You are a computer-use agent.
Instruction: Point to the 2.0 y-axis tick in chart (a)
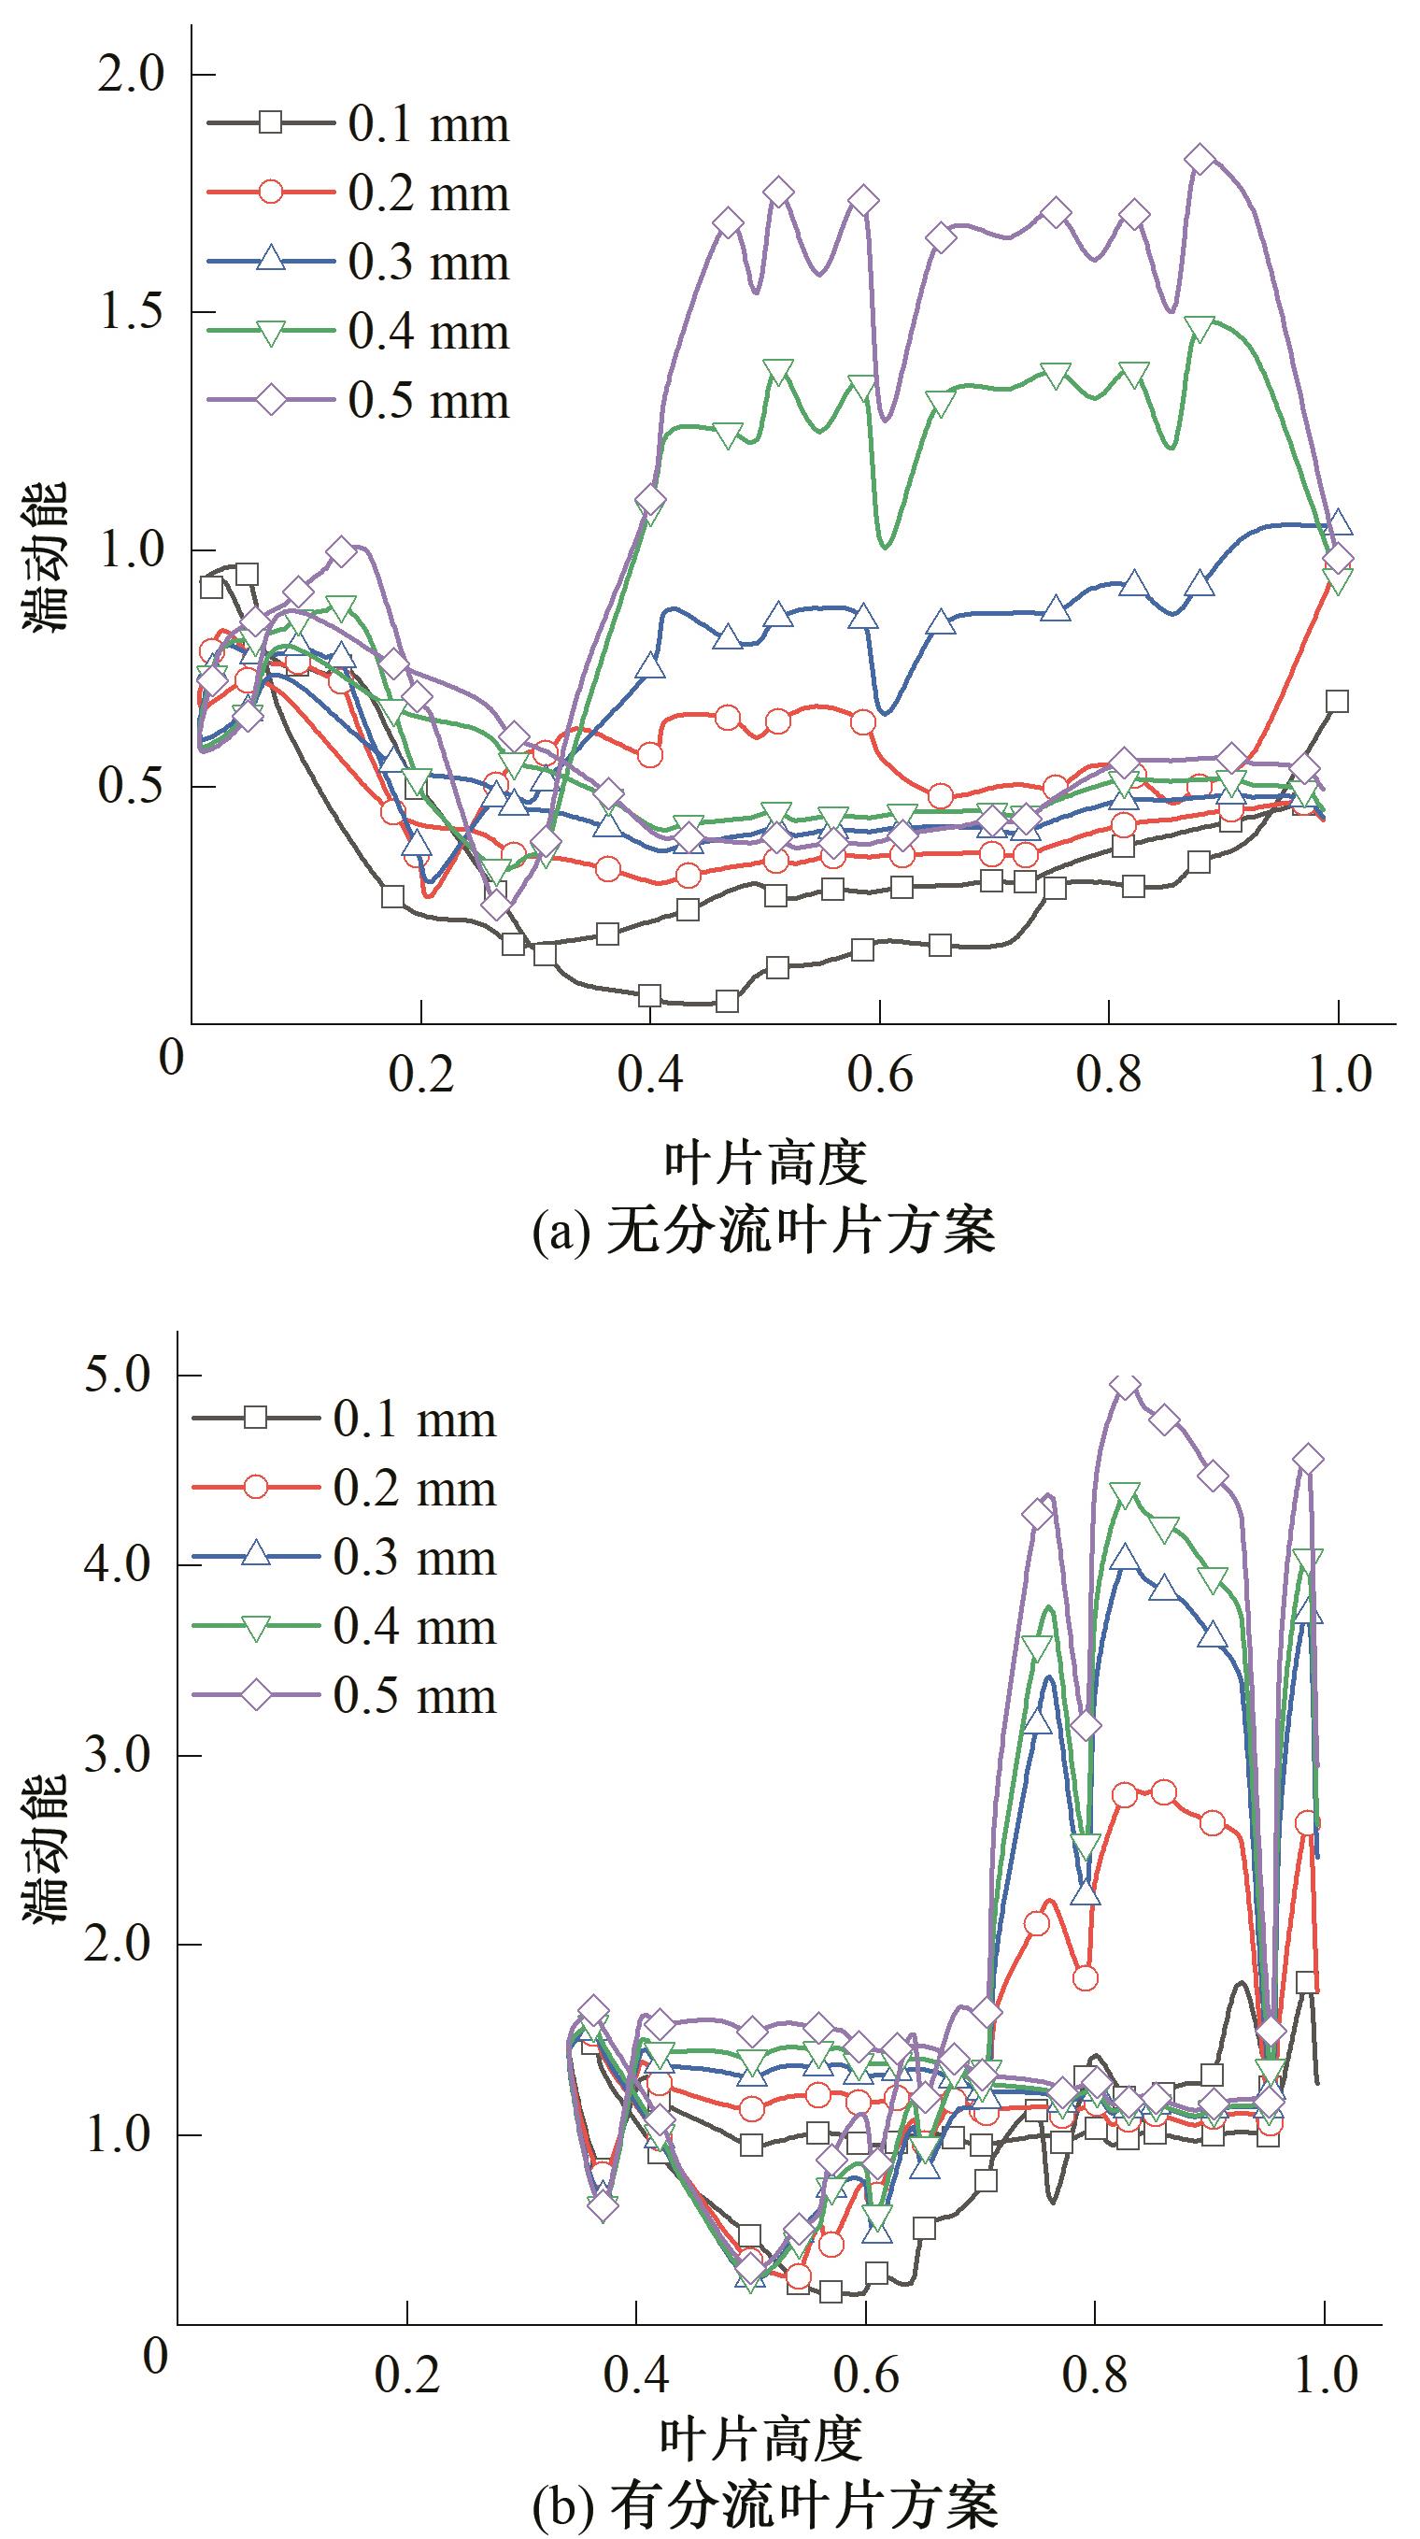pyautogui.click(x=131, y=75)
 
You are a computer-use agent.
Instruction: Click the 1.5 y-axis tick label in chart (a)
pyautogui.click(x=131, y=312)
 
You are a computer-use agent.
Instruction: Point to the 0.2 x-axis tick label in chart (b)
pyautogui.click(x=406, y=2375)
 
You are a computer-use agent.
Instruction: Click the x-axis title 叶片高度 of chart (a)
pyautogui.click(x=765, y=1163)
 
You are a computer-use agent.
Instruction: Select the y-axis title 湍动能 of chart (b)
pyautogui.click(x=47, y=1836)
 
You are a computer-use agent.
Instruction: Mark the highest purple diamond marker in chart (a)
pyautogui.click(x=1200, y=159)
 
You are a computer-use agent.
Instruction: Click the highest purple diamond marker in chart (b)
pyautogui.click(x=1126, y=1386)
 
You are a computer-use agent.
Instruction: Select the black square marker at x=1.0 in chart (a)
pyautogui.click(x=1337, y=702)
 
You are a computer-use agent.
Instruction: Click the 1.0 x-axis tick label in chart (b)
pyautogui.click(x=1326, y=2375)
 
